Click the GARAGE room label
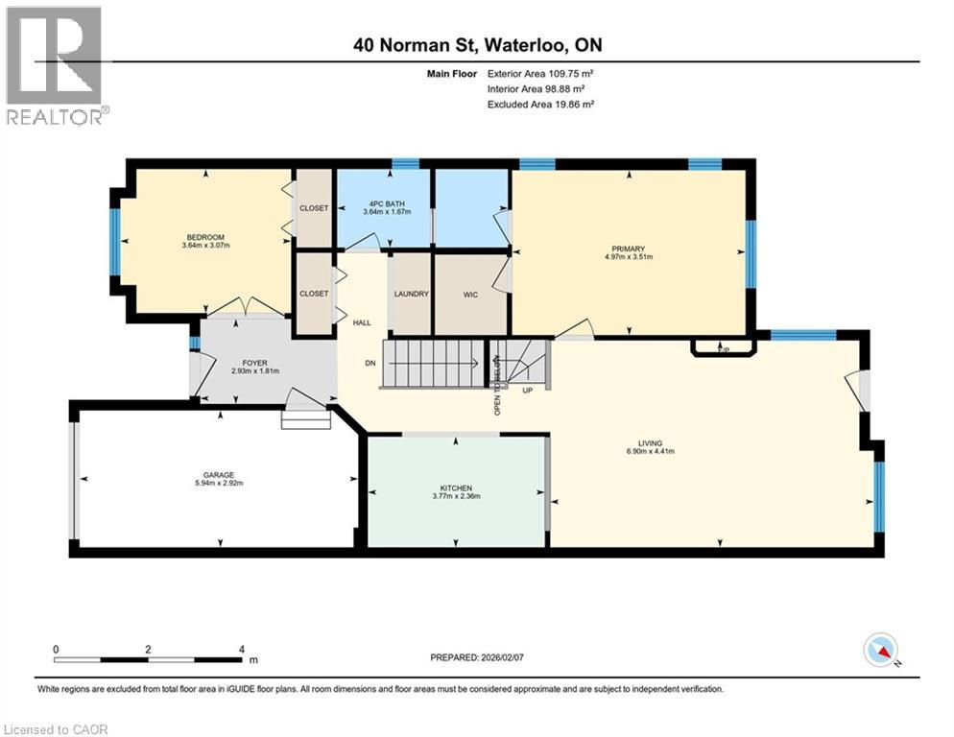[x=218, y=474]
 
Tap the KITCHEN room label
[x=456, y=487]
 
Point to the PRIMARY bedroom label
[x=629, y=249]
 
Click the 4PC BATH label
[x=382, y=202]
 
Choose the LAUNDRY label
[x=411, y=294]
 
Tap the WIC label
[x=470, y=294]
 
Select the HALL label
[x=362, y=323]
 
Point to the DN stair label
[x=370, y=363]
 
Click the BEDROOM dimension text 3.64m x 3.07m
[x=205, y=246]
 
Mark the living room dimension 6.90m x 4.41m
[x=653, y=451]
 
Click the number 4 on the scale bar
[x=241, y=650]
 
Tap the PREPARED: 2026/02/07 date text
[x=476, y=657]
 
